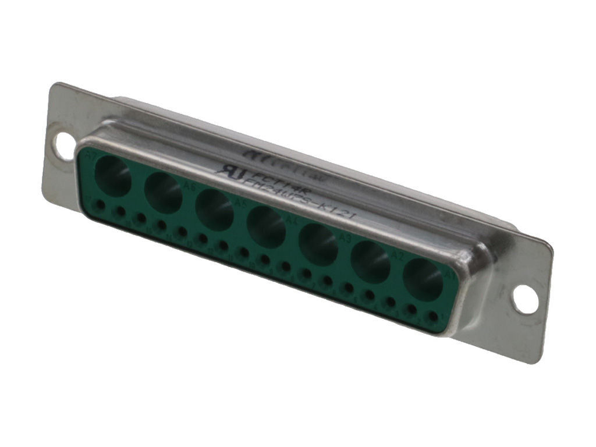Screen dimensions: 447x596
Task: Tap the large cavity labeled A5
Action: point(215,210)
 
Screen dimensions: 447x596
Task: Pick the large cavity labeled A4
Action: point(266,228)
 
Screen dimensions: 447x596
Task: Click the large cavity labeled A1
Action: point(423,280)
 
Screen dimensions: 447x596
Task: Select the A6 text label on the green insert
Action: point(189,186)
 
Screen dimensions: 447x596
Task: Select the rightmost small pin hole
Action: point(433,317)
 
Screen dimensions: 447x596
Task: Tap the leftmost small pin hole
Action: point(100,205)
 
